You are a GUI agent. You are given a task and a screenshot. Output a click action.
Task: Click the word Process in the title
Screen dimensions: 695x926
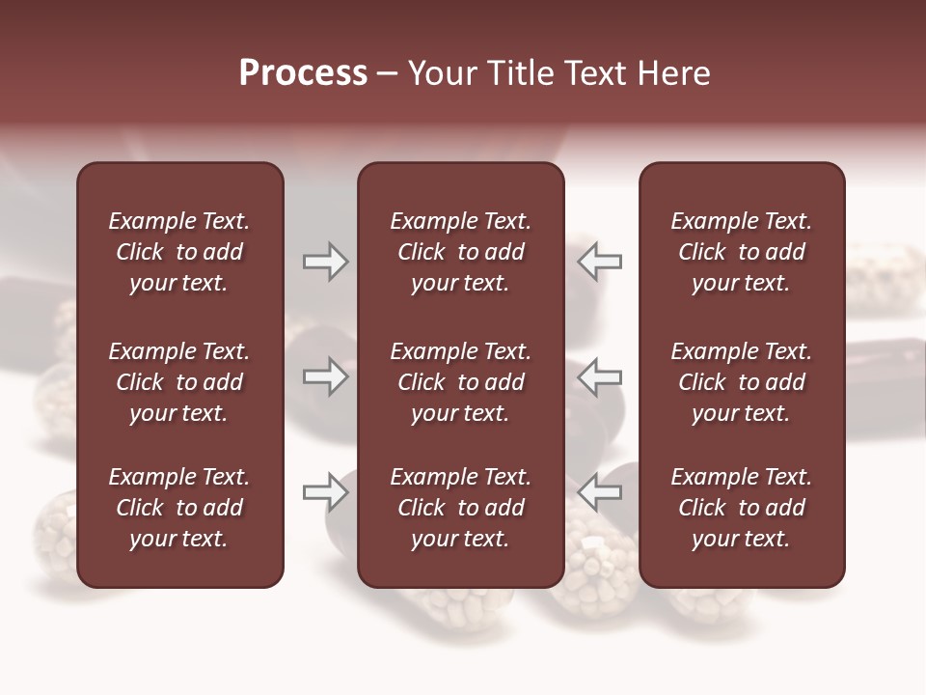tap(303, 73)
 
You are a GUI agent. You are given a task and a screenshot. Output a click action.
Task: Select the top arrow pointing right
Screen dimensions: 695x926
tap(326, 262)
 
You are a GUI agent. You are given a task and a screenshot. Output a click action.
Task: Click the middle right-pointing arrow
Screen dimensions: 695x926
tap(326, 376)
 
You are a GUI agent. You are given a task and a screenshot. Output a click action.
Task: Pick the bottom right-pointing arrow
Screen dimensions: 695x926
tap(326, 492)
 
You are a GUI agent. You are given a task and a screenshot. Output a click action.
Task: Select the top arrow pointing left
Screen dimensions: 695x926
tap(600, 262)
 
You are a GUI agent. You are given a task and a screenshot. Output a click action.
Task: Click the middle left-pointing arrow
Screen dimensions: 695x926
tap(600, 376)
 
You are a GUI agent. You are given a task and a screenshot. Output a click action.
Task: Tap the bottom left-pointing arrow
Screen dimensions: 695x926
tap(600, 492)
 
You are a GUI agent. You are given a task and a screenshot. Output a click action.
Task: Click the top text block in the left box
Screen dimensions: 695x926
tap(179, 252)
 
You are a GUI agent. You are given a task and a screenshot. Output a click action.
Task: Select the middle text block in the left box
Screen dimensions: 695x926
tap(179, 382)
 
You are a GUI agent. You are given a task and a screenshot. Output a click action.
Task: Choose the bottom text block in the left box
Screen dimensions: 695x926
tap(179, 508)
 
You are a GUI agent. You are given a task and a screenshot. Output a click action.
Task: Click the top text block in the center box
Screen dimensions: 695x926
tap(461, 252)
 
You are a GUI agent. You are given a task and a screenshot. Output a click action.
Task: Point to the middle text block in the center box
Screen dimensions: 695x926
tap(461, 382)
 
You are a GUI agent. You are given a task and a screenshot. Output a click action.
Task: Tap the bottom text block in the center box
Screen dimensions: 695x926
tap(461, 508)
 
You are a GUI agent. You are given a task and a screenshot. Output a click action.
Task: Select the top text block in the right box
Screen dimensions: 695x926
tap(742, 252)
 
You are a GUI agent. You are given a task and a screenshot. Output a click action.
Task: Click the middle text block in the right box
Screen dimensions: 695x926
tap(742, 382)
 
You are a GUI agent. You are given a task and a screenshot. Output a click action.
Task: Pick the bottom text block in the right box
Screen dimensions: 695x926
tap(742, 508)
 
